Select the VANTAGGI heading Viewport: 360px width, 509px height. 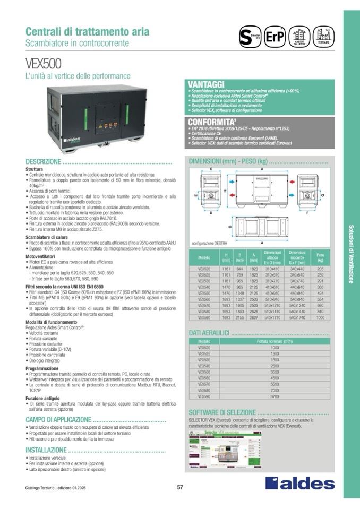point(207,84)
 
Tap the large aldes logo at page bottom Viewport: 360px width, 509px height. point(300,482)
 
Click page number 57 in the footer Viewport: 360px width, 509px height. point(180,488)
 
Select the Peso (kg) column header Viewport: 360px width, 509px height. point(320,258)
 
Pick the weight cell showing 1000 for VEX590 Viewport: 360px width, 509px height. point(320,317)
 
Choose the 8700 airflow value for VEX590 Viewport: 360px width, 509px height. point(275,396)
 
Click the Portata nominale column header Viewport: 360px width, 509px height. point(275,341)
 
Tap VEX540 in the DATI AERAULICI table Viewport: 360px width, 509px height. point(204,366)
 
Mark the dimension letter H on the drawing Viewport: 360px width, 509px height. point(225,191)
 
